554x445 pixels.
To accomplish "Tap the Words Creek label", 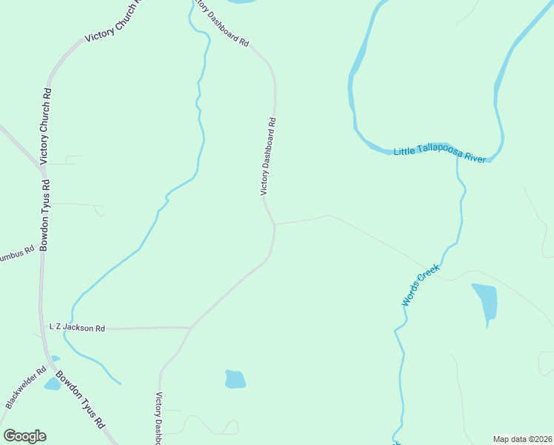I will click(x=421, y=286).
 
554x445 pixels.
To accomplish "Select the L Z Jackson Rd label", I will click(x=77, y=327).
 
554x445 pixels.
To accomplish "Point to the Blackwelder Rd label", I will click(x=26, y=386).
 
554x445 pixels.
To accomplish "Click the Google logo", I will click(x=24, y=436).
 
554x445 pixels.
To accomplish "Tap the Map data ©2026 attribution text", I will click(x=522, y=438).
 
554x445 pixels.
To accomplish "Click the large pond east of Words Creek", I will click(x=485, y=300).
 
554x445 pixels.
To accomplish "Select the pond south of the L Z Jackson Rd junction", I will click(x=235, y=379).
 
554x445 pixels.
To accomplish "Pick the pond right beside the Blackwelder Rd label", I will click(x=52, y=383).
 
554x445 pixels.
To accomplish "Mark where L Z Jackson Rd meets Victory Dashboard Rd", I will click(x=191, y=326).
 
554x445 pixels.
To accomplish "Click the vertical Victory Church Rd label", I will click(x=46, y=126).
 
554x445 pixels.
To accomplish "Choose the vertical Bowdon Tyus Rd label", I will click(x=44, y=215).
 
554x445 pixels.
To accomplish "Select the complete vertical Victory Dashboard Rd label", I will click(x=268, y=156).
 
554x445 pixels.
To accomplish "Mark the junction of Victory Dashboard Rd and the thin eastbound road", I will click(x=275, y=223).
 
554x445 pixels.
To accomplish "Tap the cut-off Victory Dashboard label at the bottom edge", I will click(x=158, y=418).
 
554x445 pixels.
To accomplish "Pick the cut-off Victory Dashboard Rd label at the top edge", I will click(x=221, y=22).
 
